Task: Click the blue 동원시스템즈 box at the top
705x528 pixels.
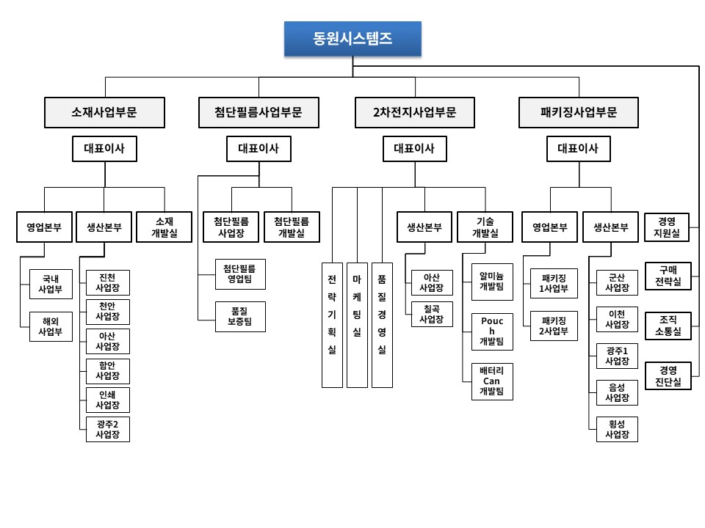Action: (x=352, y=39)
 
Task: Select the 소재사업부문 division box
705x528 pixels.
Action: (x=104, y=113)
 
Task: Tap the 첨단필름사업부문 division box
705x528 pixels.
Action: (x=258, y=113)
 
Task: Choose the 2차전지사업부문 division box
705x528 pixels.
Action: (x=414, y=113)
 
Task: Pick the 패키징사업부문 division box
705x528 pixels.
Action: (x=578, y=113)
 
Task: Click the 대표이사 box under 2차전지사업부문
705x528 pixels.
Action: (x=414, y=150)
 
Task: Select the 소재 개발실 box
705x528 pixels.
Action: (x=164, y=227)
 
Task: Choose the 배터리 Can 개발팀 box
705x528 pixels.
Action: (x=492, y=381)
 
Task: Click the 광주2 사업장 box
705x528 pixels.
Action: (x=107, y=429)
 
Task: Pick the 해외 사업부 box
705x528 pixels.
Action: (x=51, y=327)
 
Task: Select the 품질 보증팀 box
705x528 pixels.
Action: (x=240, y=316)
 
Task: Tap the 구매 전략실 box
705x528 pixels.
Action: (x=668, y=276)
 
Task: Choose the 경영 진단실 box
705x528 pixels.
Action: (x=668, y=375)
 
